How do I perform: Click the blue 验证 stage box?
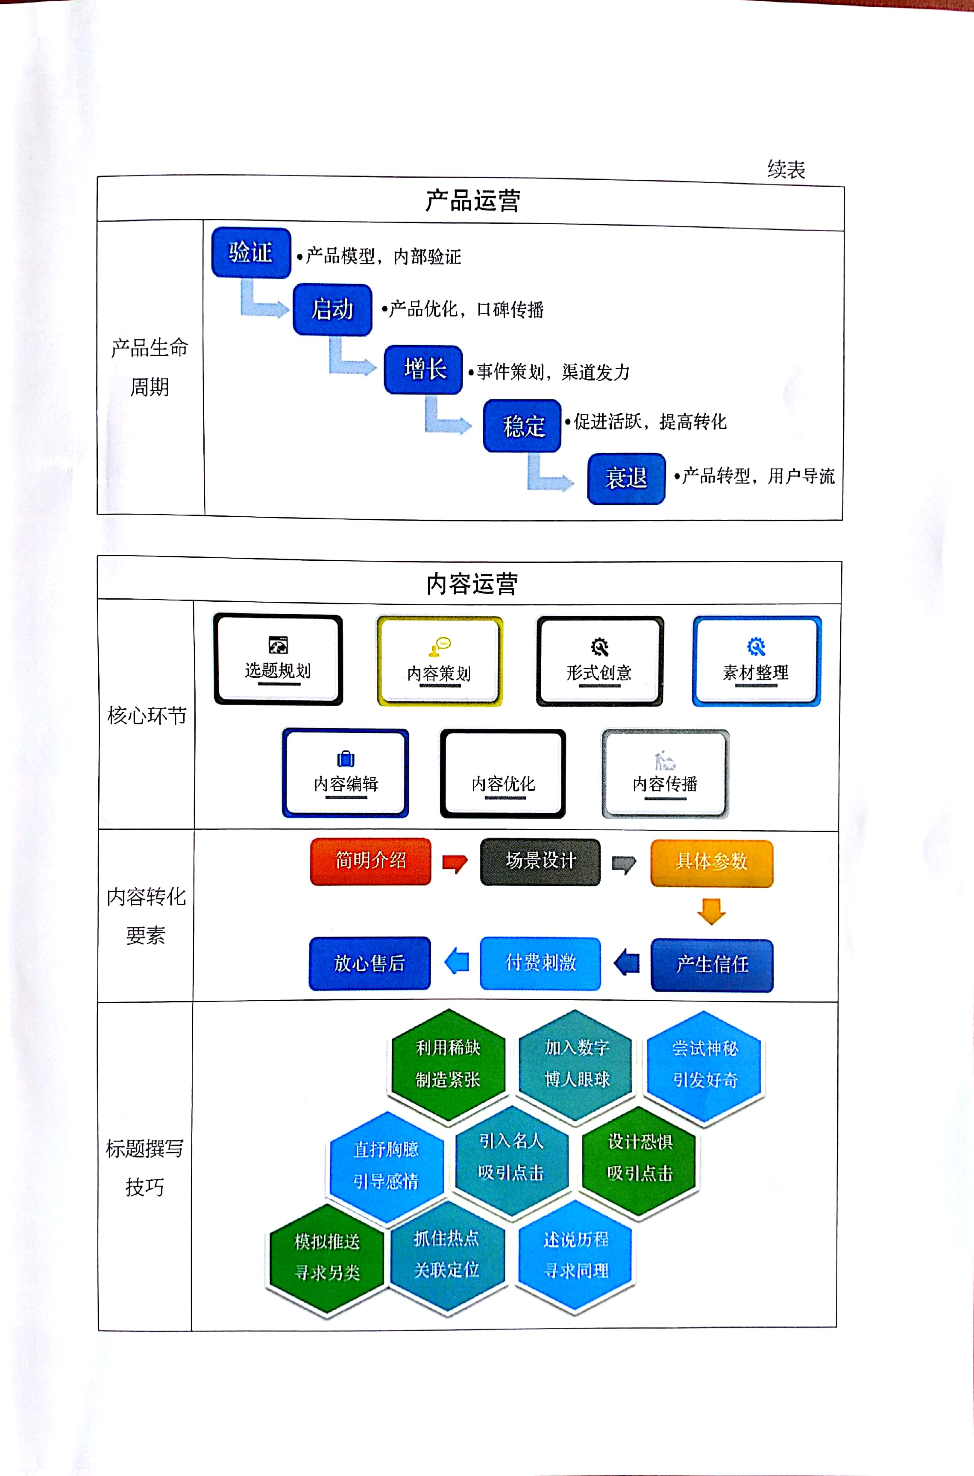(x=251, y=253)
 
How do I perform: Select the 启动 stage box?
(x=332, y=309)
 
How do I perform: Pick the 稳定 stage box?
(x=522, y=426)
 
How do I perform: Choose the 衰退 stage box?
(x=626, y=478)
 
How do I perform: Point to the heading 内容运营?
(x=472, y=584)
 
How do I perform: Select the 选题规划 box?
(x=278, y=659)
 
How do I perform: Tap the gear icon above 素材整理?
(x=756, y=647)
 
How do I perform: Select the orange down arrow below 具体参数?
(x=711, y=911)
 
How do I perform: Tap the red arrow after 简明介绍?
(x=455, y=863)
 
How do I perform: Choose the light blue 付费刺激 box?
(x=540, y=963)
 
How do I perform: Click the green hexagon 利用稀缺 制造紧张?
(x=448, y=1064)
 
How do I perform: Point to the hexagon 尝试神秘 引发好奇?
(x=705, y=1064)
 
